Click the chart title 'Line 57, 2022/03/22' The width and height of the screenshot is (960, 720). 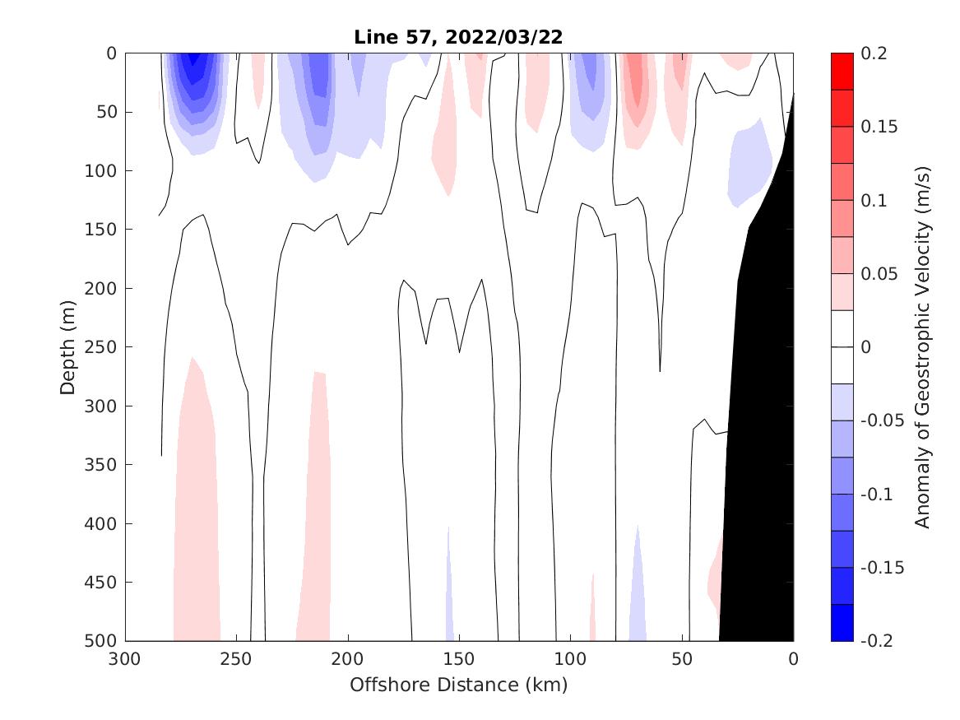tap(459, 37)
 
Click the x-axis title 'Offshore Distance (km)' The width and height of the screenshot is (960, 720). tap(459, 685)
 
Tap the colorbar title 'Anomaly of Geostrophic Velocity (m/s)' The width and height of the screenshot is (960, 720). tap(922, 346)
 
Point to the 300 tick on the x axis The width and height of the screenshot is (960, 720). tap(126, 659)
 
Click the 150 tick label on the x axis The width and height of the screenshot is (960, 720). tap(459, 659)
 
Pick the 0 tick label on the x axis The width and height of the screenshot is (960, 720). tap(793, 659)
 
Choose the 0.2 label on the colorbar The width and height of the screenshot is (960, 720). tap(874, 53)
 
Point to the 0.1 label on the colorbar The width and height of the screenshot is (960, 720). tap(874, 200)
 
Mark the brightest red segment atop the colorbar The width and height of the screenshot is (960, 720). tap(842, 72)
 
